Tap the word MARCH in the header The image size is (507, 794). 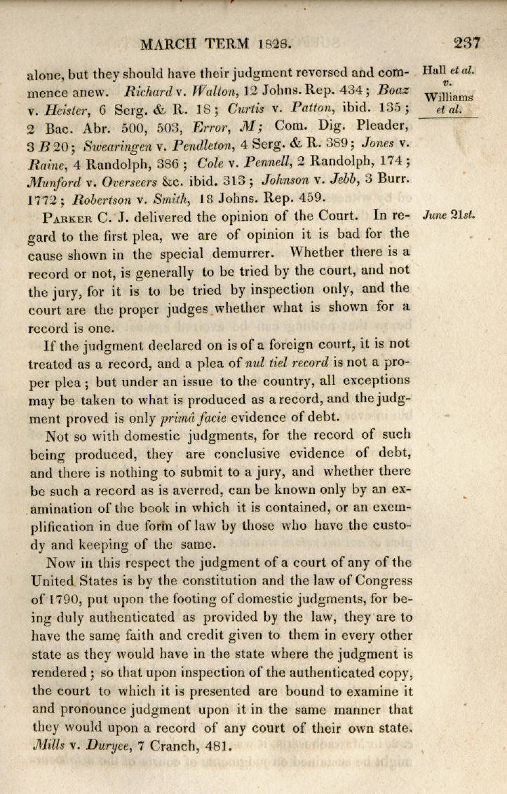[169, 45]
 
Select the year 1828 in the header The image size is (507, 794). [273, 45]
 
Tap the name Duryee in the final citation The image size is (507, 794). [101, 746]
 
